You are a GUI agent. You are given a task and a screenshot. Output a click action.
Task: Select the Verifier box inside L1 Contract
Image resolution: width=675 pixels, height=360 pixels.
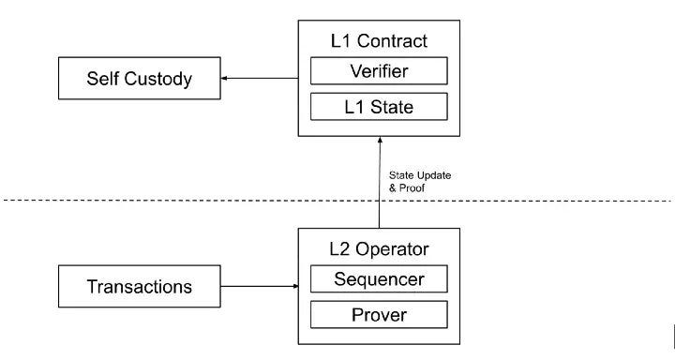pyautogui.click(x=379, y=71)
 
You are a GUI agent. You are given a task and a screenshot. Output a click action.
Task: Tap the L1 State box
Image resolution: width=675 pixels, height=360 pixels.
pyautogui.click(x=379, y=108)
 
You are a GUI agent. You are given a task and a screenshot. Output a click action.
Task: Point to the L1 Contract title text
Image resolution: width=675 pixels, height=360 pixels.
pyautogui.click(x=379, y=42)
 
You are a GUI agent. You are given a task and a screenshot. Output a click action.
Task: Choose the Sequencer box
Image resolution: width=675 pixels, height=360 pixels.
pyautogui.click(x=379, y=278)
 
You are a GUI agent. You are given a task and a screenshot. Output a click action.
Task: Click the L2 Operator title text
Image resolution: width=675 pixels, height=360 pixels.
pyautogui.click(x=379, y=249)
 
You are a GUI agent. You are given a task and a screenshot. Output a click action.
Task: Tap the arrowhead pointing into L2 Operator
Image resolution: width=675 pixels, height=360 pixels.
pyautogui.click(x=292, y=286)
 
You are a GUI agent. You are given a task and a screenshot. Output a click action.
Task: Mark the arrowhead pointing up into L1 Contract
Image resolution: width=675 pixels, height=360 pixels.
pyautogui.click(x=379, y=137)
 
